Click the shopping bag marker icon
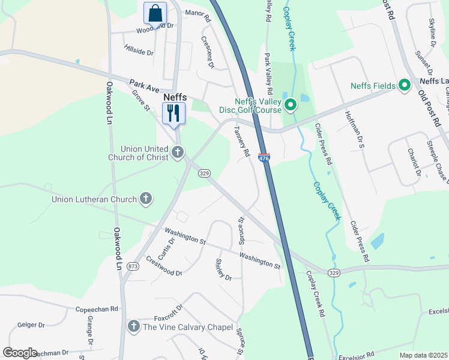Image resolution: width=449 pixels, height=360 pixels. coord(155,13)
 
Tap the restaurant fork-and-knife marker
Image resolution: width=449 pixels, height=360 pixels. coord(174,113)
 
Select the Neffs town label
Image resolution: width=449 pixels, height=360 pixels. coord(175,97)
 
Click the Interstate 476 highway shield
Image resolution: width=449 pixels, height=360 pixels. coord(264,158)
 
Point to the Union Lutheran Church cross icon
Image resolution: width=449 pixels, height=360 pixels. coord(146,197)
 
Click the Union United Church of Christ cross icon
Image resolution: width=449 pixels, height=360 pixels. coord(177,152)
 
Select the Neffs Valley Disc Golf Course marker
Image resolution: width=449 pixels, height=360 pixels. coord(291,106)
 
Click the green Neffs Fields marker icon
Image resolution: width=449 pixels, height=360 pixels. coord(404,86)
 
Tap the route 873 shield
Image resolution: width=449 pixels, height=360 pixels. coord(133,266)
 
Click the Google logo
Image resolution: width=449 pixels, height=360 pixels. coord(20,352)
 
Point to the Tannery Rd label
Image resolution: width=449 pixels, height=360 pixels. coord(242,141)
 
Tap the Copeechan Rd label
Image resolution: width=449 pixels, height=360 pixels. coord(97,309)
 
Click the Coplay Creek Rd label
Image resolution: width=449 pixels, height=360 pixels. coord(315,294)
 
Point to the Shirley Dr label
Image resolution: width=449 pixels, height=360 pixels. coord(223,269)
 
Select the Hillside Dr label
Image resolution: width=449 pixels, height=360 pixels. coord(139,50)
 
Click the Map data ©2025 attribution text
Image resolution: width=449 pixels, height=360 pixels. coord(423,355)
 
